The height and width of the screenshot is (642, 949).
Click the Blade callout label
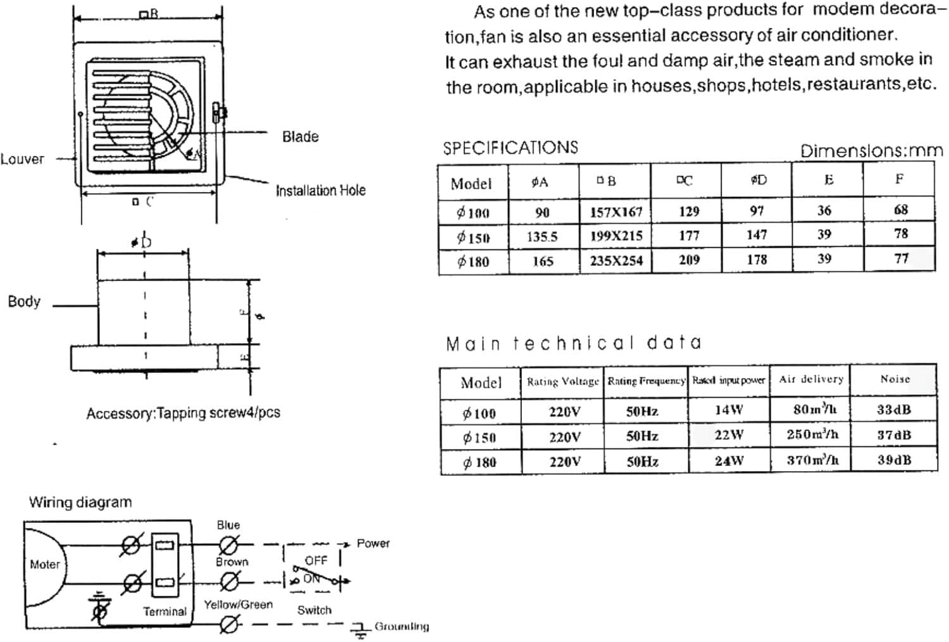click(x=300, y=137)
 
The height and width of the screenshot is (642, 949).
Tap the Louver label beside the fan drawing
click(x=23, y=159)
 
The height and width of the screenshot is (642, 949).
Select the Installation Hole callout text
click(x=320, y=191)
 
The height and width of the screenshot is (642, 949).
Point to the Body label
click(x=24, y=301)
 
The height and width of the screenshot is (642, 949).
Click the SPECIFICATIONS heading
click(x=510, y=148)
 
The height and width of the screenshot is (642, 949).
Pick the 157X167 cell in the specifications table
click(x=616, y=212)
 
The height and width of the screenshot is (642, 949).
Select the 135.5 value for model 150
click(x=542, y=237)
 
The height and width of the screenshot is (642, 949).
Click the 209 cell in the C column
click(x=688, y=260)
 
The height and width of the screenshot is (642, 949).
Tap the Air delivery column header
click(x=810, y=379)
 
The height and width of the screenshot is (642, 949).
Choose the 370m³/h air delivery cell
click(x=812, y=460)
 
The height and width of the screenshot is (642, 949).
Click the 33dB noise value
click(x=893, y=410)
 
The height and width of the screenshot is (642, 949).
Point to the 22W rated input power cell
click(x=729, y=436)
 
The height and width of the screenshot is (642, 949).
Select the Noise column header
click(x=895, y=379)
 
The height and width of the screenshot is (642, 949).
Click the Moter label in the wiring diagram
click(x=44, y=564)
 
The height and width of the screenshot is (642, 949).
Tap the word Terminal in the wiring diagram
click(x=164, y=612)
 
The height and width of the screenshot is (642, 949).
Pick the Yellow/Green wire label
click(x=238, y=605)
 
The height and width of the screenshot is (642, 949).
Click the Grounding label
click(x=401, y=627)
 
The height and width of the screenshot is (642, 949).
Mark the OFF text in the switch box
click(x=316, y=560)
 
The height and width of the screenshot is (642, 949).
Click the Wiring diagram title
click(x=80, y=502)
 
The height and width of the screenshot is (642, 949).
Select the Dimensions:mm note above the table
click(x=871, y=151)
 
